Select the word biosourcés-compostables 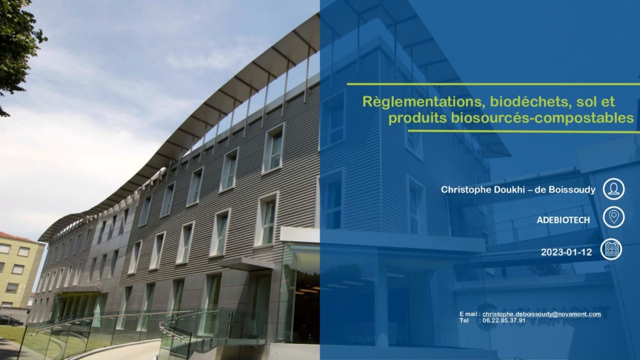542,118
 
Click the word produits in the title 417,118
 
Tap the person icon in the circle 614,189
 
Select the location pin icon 614,217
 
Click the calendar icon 611,249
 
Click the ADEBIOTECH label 563,220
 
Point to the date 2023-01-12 566,252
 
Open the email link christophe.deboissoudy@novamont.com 542,314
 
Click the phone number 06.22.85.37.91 504,321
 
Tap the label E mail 468,314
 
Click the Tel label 464,321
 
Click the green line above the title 494,84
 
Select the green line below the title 524,131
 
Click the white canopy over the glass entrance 300,235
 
